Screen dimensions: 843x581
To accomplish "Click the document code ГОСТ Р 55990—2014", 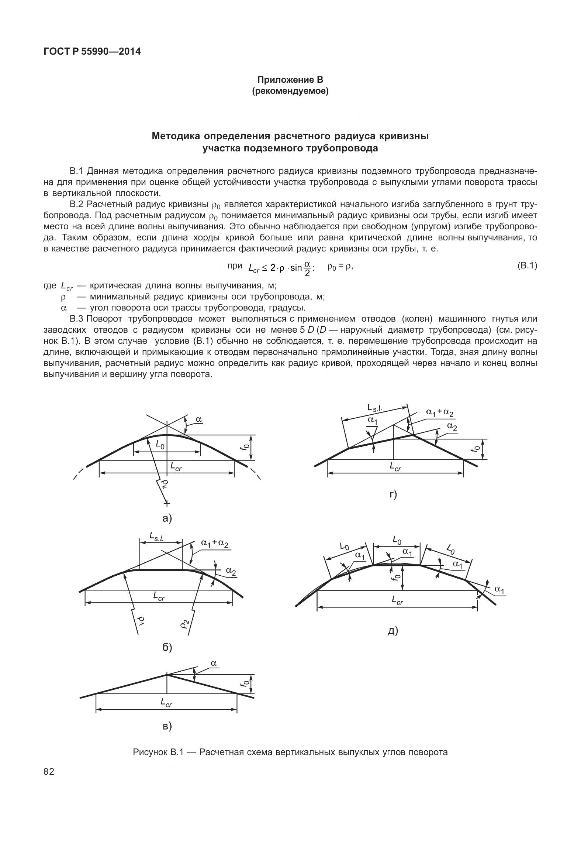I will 92,52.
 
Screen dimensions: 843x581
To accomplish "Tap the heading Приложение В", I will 290,80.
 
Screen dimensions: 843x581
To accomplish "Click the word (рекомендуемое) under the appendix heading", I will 290,91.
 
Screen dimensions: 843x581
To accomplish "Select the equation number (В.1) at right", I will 527,265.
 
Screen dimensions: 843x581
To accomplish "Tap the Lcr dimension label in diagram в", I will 166,704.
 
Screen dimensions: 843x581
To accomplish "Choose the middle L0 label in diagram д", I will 397,541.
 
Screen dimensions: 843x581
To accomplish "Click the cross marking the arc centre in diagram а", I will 167,504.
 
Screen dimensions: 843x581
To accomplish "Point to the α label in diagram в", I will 214,663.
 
